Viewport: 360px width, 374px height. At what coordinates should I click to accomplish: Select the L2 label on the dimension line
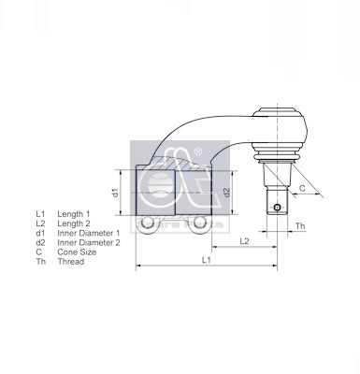click(x=243, y=240)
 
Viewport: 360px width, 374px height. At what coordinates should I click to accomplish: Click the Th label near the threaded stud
click(x=299, y=227)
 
